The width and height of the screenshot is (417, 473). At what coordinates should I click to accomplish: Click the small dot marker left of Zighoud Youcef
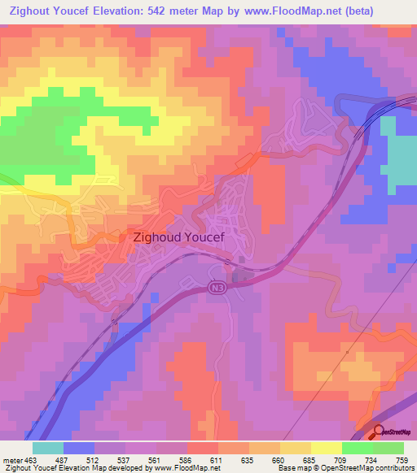(x=125, y=238)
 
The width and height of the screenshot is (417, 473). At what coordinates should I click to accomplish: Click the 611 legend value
(x=218, y=459)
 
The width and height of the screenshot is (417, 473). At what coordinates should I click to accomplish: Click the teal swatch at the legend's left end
(x=48, y=448)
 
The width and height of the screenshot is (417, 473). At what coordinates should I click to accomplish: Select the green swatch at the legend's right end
(x=388, y=448)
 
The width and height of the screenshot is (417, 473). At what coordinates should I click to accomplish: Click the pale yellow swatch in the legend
(x=326, y=448)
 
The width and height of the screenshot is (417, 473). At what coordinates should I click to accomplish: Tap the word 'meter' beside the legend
(x=11, y=459)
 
